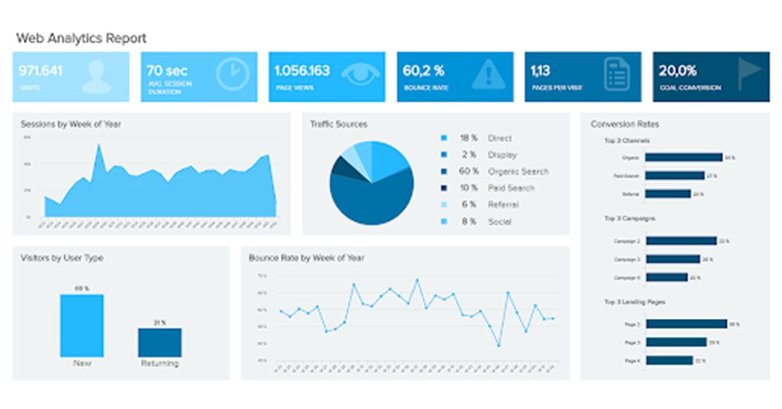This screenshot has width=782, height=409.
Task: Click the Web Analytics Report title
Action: (x=81, y=38)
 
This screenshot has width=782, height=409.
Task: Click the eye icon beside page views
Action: (x=360, y=73)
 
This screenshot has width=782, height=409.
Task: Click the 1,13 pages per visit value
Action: (x=541, y=70)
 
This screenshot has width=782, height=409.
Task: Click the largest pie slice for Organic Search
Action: (x=375, y=200)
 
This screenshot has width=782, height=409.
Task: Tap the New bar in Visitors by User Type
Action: (x=81, y=325)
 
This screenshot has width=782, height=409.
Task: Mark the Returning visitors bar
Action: (x=160, y=343)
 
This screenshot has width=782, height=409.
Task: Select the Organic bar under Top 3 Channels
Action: (x=683, y=157)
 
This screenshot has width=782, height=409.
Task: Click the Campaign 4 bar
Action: (x=665, y=277)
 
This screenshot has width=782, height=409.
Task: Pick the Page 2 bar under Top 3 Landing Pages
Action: (x=685, y=324)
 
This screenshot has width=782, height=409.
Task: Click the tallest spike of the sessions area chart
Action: (x=100, y=146)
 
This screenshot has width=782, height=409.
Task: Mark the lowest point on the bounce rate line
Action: (x=498, y=345)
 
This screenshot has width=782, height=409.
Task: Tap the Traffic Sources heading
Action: (x=339, y=125)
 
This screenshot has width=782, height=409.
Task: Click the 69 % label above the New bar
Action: (x=81, y=288)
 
